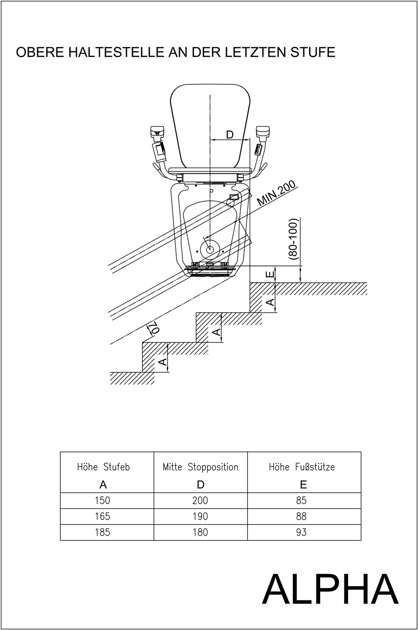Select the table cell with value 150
(102, 501)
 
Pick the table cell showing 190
(200, 516)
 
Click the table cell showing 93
(301, 532)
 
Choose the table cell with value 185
(102, 532)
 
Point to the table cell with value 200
(200, 501)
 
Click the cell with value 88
(301, 516)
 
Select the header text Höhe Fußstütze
(302, 467)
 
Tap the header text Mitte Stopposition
(200, 467)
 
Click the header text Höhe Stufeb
(103, 467)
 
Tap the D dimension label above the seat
(229, 134)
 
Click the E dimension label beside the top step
(270, 274)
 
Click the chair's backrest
(210, 121)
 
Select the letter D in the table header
(201, 484)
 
